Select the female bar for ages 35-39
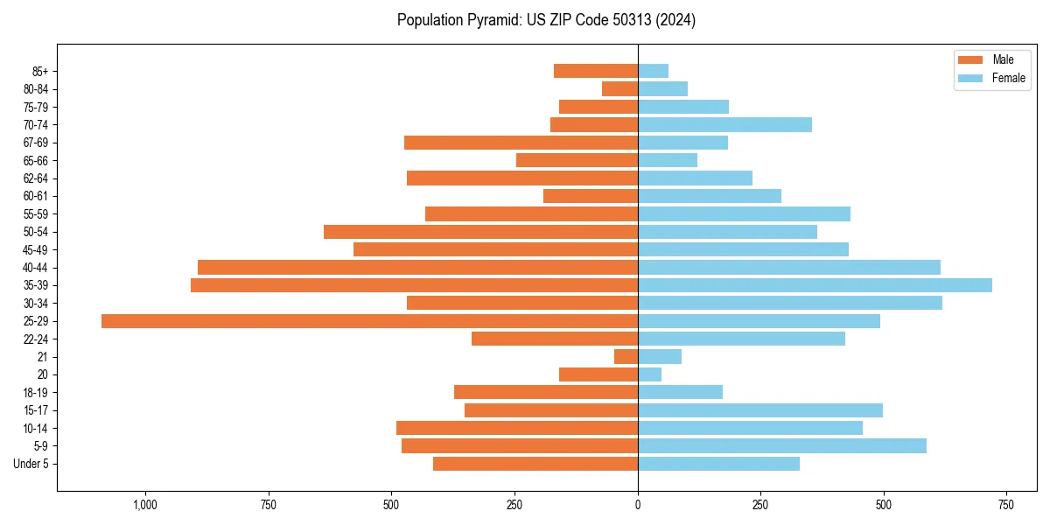(815, 285)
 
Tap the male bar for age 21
(626, 357)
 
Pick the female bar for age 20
(649, 374)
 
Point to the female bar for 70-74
(724, 124)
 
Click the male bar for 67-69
(521, 143)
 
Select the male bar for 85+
(596, 71)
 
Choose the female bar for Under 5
(718, 464)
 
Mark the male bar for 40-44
(417, 268)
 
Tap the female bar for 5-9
(781, 446)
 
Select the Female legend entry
(991, 78)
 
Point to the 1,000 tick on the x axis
(145, 505)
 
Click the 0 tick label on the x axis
(638, 505)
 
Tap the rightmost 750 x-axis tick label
(1006, 505)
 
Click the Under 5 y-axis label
(31, 464)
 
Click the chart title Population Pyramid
(546, 20)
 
